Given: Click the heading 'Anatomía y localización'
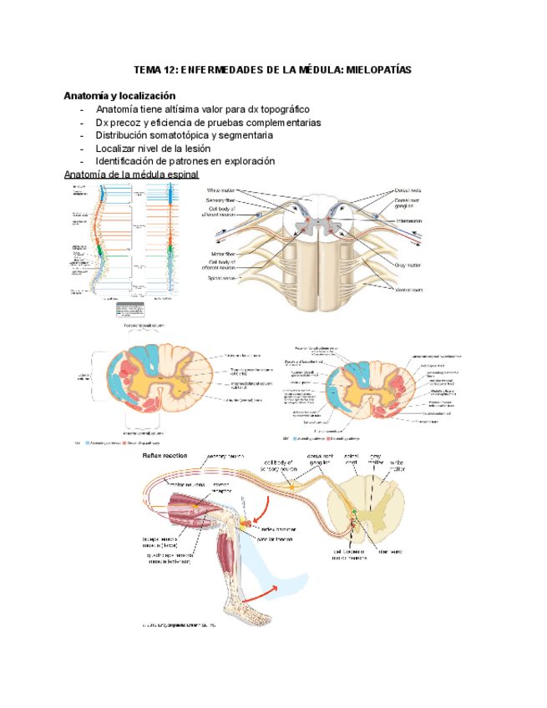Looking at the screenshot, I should (x=119, y=96).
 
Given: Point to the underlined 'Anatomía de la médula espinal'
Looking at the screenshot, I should (x=131, y=174).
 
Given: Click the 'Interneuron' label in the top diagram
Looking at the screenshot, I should (x=408, y=221).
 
